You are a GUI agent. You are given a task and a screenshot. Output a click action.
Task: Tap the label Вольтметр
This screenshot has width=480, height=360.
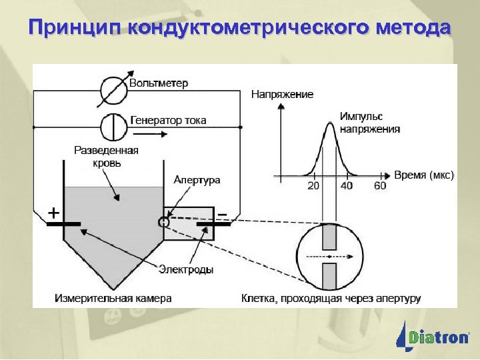[x=159, y=84]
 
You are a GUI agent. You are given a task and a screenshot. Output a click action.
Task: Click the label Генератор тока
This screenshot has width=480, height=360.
[x=168, y=121]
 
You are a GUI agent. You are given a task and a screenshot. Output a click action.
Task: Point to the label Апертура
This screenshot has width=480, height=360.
[x=197, y=180]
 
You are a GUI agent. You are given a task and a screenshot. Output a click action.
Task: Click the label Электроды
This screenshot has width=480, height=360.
[x=186, y=269]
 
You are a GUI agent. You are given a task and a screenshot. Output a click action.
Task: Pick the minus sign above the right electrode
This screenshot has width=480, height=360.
[x=222, y=213]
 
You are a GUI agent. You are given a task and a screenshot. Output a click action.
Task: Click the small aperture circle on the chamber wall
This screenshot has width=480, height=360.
[x=163, y=221]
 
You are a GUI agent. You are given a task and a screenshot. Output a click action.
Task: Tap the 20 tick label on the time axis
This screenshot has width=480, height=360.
[x=313, y=186]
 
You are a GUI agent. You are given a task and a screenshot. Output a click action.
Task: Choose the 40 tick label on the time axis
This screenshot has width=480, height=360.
[x=347, y=186]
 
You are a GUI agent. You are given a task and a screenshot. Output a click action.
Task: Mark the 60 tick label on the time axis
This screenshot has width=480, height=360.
[x=379, y=186]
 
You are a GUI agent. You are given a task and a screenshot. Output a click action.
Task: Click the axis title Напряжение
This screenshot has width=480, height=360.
[x=282, y=95]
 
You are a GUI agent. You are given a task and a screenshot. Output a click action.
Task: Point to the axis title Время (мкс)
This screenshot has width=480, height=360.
[x=424, y=175]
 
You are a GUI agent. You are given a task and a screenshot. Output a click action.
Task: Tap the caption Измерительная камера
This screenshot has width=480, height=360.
[x=113, y=298]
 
